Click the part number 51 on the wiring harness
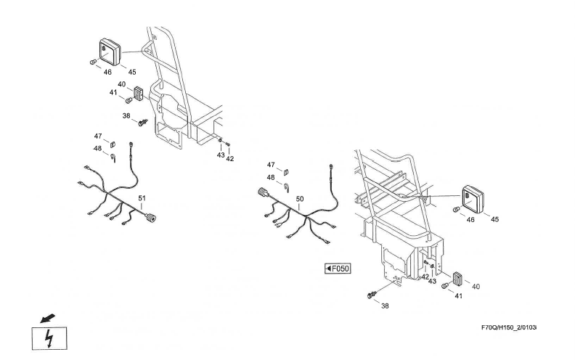[x=142, y=198]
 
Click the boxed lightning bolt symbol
[x=50, y=337]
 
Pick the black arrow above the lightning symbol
[x=49, y=318]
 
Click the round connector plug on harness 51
[x=153, y=216]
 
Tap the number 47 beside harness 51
[x=97, y=136]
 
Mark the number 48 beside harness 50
[x=271, y=177]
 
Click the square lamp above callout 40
[x=107, y=52]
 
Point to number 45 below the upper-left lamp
[x=132, y=72]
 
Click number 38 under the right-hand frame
[x=385, y=306]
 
